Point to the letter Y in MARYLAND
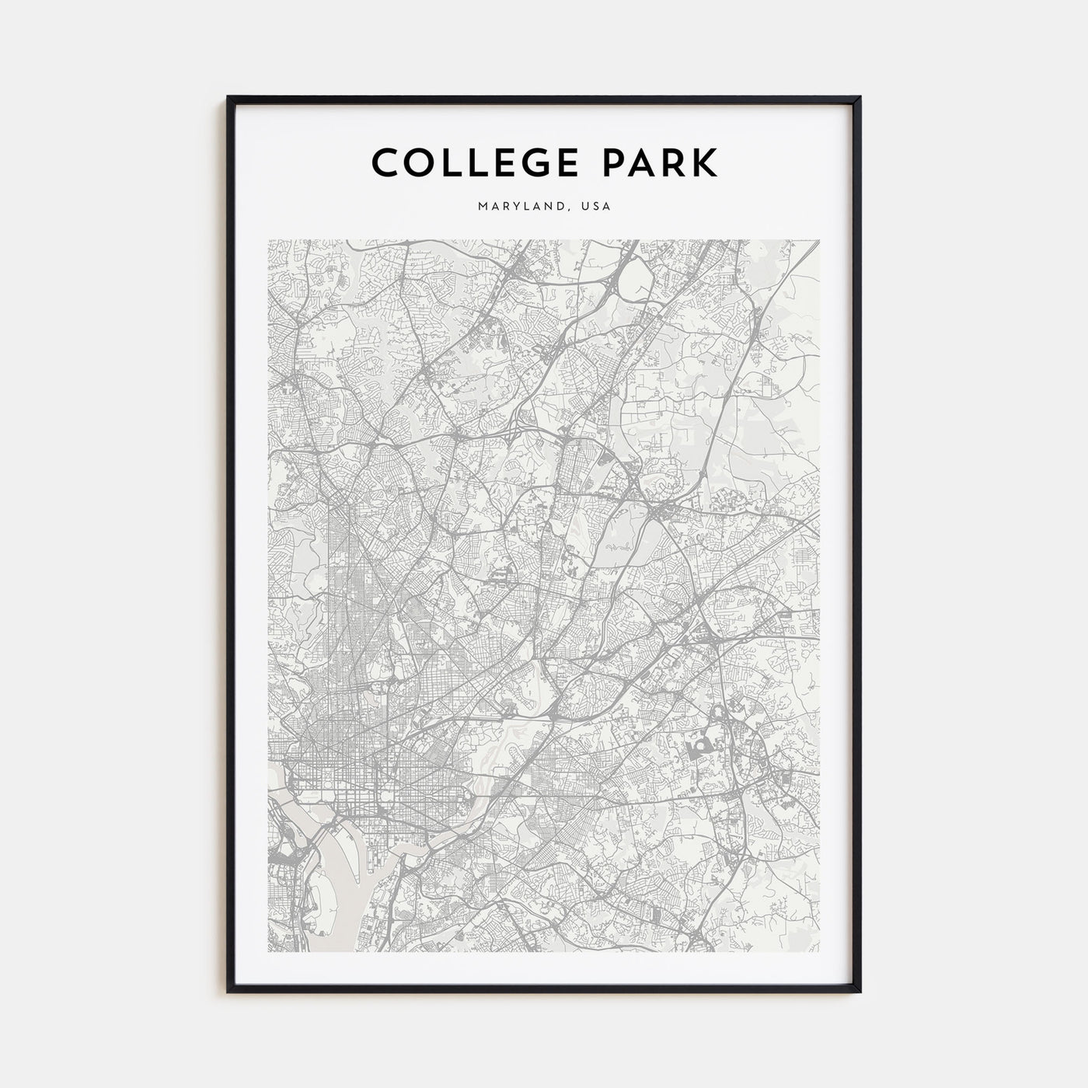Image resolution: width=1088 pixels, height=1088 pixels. [x=520, y=207]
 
